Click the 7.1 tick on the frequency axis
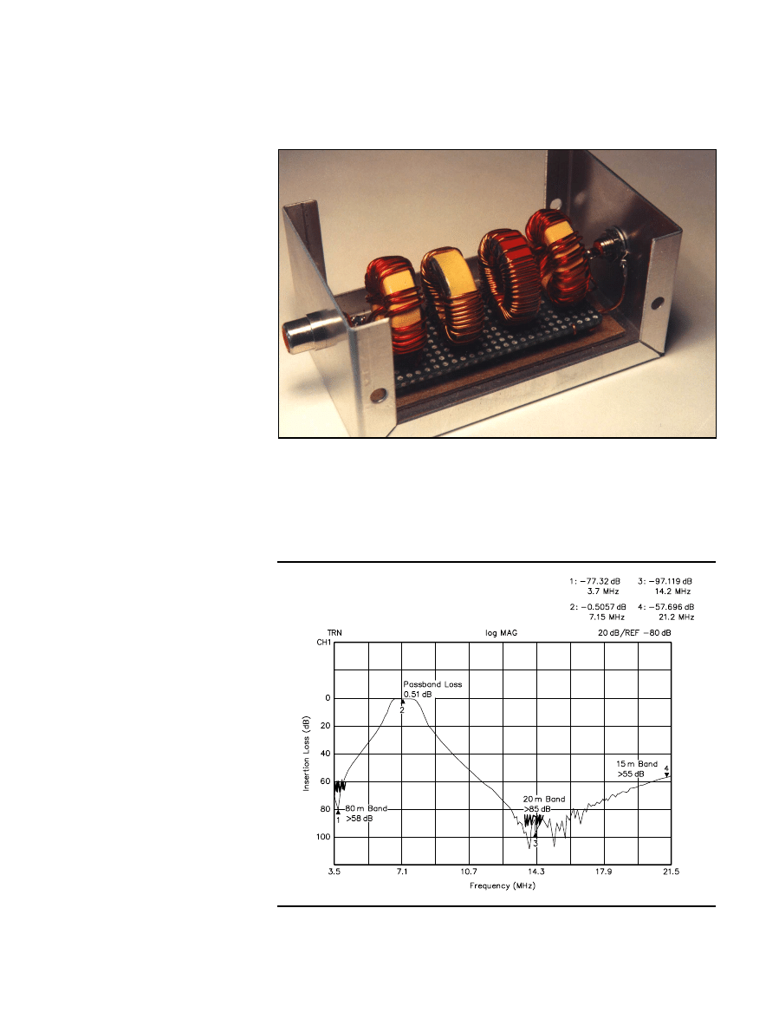tap(402, 872)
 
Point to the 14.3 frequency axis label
tap(536, 872)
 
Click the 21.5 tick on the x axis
tap(672, 872)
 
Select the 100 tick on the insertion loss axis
tap(323, 837)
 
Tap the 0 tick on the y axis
tap(328, 698)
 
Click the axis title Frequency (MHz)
tap(503, 885)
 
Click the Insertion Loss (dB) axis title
tap(307, 754)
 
